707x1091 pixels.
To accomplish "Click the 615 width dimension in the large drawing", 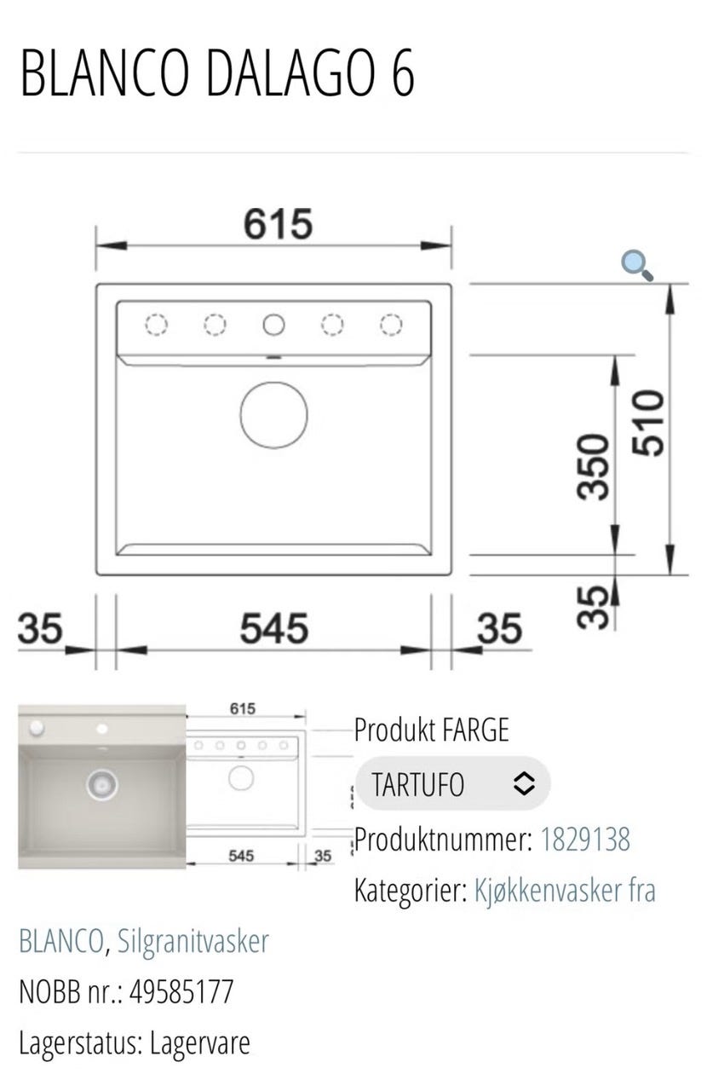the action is [x=278, y=224].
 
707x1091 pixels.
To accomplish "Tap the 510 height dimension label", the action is [x=648, y=423].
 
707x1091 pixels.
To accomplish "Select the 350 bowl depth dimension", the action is [x=593, y=466].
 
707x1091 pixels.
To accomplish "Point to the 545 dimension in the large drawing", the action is [x=274, y=628].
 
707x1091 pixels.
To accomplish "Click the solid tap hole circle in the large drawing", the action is [x=273, y=325].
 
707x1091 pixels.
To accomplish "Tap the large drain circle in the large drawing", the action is [x=273, y=415].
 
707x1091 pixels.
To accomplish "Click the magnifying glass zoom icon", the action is [x=637, y=265].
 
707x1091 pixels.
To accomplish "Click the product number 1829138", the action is [x=585, y=839].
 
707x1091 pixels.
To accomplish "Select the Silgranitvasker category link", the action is [x=193, y=942].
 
